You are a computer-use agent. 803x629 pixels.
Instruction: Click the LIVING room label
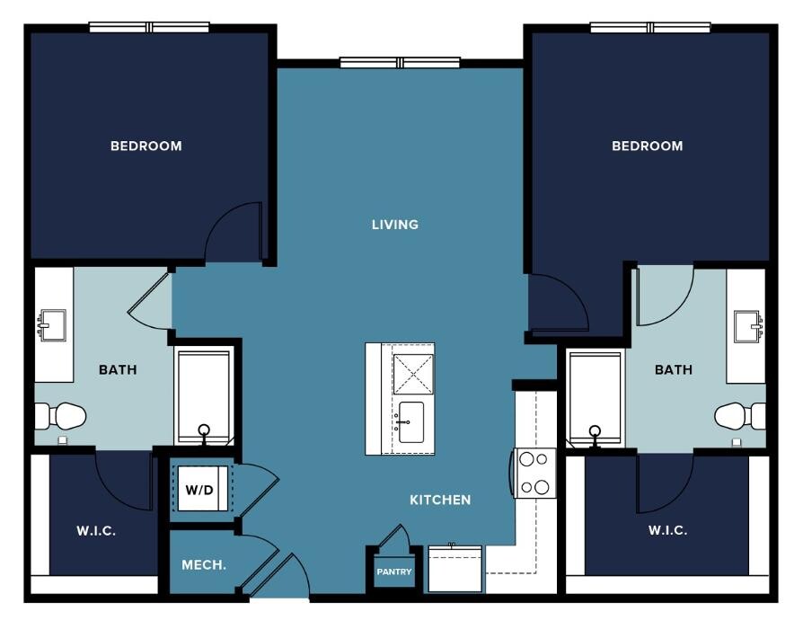[x=395, y=225]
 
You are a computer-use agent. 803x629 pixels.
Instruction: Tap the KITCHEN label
[x=440, y=500]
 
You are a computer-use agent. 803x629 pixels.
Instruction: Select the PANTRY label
[x=393, y=571]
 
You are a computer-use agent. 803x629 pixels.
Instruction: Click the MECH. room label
[x=204, y=565]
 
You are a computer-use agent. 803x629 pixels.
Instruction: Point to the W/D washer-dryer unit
[x=202, y=489]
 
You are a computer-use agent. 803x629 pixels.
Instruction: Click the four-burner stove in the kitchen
[x=535, y=473]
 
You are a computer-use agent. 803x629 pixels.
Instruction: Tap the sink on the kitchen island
[x=411, y=422]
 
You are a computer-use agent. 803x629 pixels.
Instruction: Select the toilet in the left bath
[x=60, y=416]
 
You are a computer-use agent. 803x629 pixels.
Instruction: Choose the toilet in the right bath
[x=740, y=416]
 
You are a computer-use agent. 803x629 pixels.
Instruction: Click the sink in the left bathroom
[x=52, y=325]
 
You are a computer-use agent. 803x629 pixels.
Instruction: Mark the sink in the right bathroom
[x=748, y=326]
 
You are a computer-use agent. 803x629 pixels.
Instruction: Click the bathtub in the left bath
[x=204, y=396]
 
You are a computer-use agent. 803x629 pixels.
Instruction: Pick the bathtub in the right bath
[x=596, y=398]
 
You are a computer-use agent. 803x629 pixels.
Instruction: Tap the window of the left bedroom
[x=149, y=27]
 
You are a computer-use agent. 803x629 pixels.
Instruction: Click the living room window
[x=400, y=63]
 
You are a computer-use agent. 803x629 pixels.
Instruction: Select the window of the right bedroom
[x=650, y=28]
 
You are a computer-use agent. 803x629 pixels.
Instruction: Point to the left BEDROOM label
[x=146, y=146]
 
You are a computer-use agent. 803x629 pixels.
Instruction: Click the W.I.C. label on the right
[x=667, y=530]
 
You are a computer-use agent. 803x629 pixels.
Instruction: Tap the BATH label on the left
[x=118, y=370]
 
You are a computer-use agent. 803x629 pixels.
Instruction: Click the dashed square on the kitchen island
[x=413, y=374]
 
